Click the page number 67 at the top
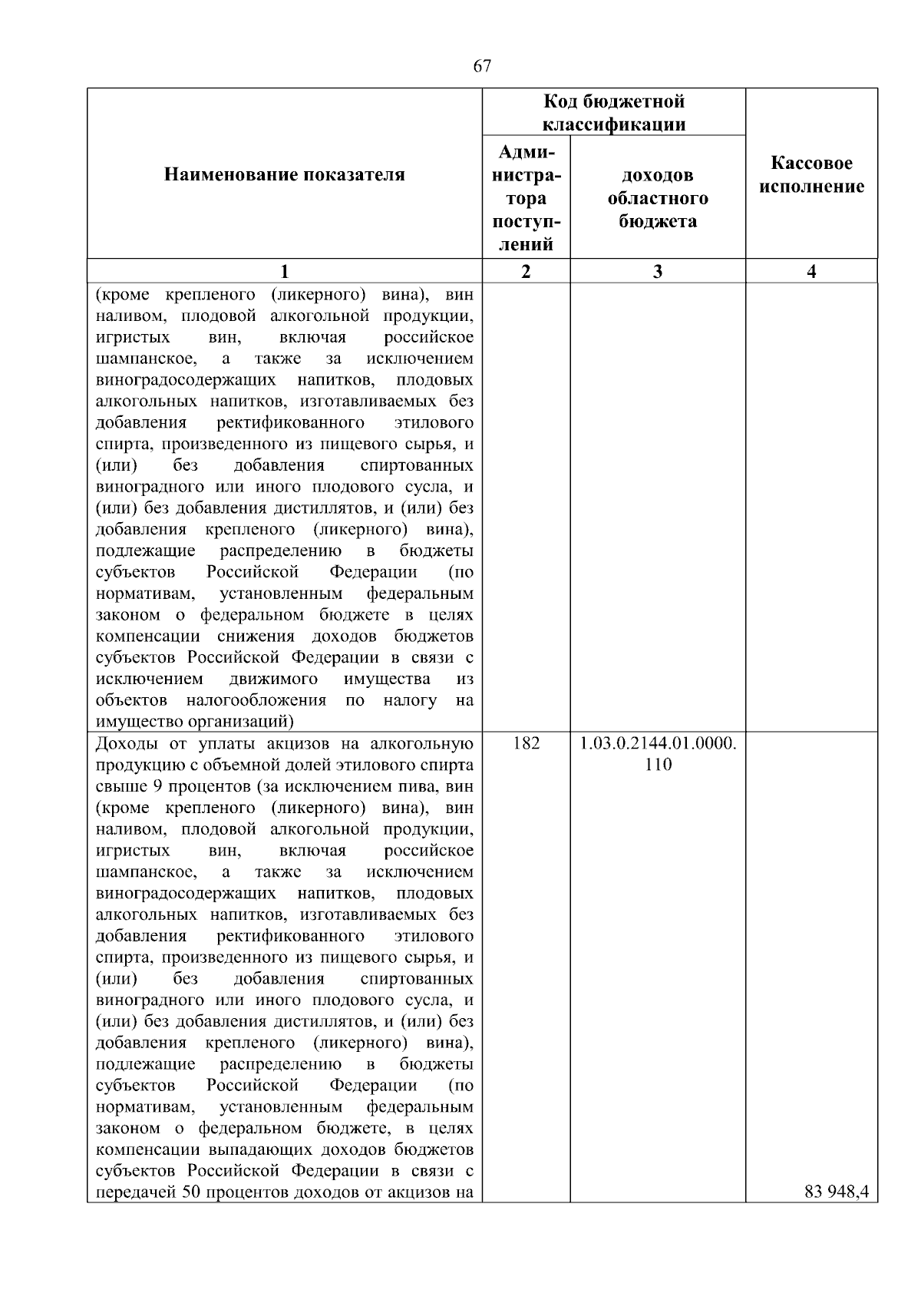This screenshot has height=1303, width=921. [x=482, y=66]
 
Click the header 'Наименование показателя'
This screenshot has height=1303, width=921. [x=284, y=175]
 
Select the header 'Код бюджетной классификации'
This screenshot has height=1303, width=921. [x=614, y=112]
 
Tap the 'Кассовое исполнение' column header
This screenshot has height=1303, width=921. [x=811, y=175]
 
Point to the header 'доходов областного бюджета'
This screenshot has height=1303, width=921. [x=658, y=198]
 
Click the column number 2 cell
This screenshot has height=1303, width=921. [x=526, y=271]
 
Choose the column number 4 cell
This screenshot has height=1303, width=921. [x=811, y=271]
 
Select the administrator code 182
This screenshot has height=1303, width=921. [x=526, y=743]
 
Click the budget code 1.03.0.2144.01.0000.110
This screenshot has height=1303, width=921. [x=658, y=753]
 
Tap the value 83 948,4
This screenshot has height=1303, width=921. [x=837, y=1192]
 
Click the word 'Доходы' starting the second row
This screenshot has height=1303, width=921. [x=123, y=743]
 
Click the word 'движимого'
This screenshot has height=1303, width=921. [x=273, y=679]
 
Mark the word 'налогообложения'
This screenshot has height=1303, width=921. [x=256, y=700]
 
